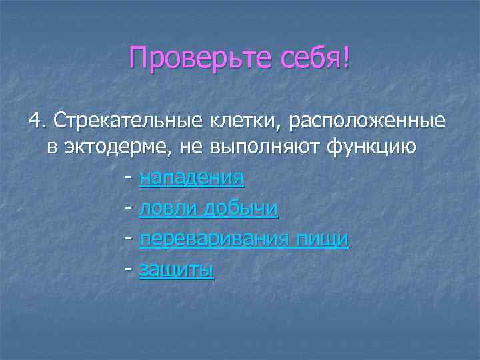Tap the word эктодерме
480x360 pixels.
[113, 148]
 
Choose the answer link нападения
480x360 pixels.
[191, 179]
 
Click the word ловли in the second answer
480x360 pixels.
[168, 209]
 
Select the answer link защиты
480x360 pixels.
[176, 271]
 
